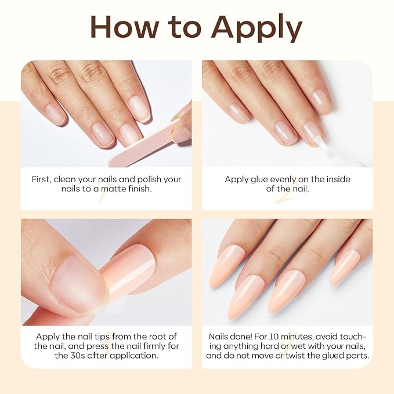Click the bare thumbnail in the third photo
(x=73, y=277)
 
